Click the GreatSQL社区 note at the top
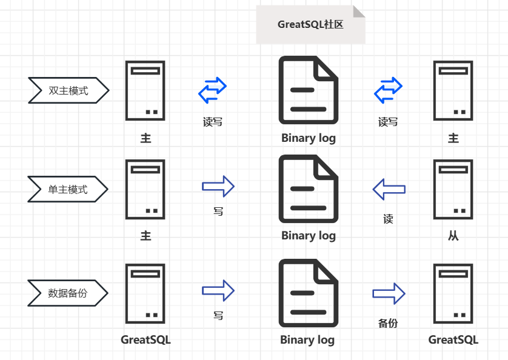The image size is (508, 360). click(310, 25)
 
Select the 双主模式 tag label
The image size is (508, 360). click(68, 91)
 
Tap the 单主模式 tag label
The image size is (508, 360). click(67, 190)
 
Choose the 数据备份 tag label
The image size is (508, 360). click(67, 293)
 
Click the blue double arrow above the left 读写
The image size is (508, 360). click(213, 90)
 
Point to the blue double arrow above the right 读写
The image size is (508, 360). click(388, 90)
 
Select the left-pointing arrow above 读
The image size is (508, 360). click(389, 189)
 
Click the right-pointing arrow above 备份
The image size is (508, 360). click(389, 293)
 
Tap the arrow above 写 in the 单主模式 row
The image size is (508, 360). click(218, 187)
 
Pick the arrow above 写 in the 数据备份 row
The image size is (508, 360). click(218, 291)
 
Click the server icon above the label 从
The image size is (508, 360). click(453, 189)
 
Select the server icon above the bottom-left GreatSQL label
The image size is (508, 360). click(145, 293)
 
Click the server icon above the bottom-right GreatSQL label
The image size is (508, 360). click(453, 293)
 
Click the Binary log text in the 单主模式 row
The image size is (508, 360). click(308, 235)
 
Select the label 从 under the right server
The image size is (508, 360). click(453, 236)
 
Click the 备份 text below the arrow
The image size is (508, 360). click(388, 324)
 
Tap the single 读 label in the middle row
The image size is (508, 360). click(388, 219)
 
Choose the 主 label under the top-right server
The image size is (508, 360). click(453, 138)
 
